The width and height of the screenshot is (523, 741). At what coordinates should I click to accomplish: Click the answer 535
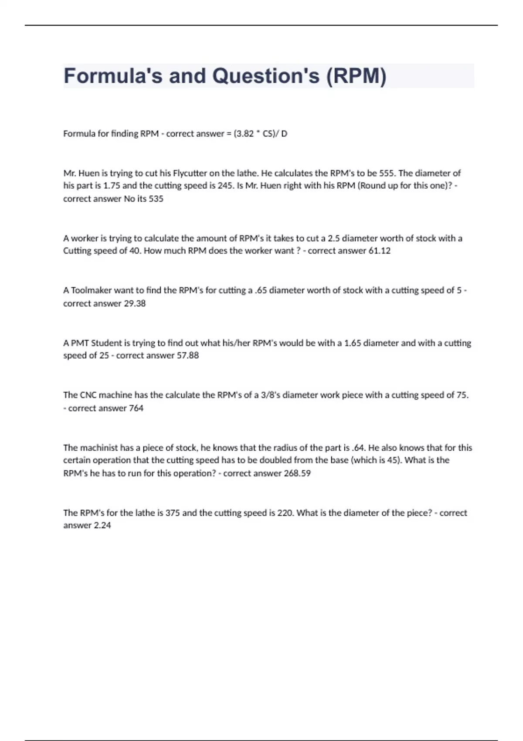156,199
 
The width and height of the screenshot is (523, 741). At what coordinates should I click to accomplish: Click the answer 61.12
379,251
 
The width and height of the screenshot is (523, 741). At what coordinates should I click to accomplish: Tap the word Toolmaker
91,290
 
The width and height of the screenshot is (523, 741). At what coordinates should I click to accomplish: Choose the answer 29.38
135,303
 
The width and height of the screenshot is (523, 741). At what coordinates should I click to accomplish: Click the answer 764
136,408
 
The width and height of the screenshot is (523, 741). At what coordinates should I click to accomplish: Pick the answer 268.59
297,473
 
